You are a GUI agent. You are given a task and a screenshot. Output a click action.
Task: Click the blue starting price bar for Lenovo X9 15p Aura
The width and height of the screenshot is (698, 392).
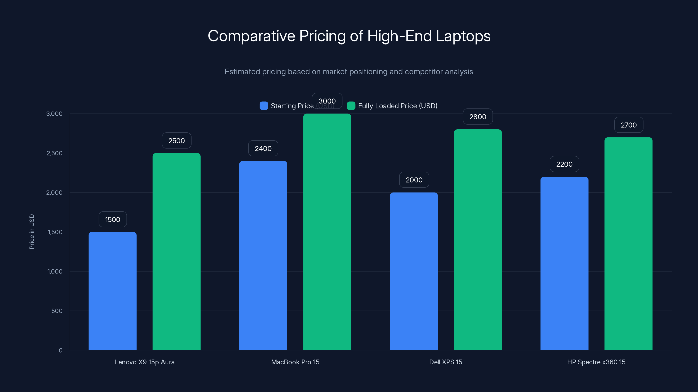[113, 291]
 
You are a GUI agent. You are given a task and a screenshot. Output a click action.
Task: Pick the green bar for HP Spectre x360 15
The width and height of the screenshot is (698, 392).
[628, 243]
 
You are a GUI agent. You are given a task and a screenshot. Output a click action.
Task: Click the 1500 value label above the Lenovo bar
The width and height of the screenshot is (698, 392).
[113, 219]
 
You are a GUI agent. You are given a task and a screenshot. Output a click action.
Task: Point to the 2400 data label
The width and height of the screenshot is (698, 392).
[263, 149]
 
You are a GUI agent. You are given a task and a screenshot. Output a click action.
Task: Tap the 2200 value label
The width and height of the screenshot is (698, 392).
[565, 164]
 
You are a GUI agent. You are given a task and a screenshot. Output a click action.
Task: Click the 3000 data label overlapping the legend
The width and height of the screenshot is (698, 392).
[327, 101]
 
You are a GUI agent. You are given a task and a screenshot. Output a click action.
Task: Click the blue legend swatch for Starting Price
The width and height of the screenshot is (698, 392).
[264, 106]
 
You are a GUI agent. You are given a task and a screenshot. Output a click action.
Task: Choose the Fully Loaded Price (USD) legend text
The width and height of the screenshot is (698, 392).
[397, 106]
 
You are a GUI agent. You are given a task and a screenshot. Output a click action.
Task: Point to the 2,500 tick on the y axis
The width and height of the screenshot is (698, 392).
[55, 153]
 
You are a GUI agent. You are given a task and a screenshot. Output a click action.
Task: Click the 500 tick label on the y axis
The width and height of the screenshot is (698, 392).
[57, 311]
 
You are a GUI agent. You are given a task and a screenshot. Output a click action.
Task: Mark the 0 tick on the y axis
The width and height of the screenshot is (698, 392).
[61, 350]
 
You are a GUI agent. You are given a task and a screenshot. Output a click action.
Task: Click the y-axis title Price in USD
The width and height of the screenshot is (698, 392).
[32, 231]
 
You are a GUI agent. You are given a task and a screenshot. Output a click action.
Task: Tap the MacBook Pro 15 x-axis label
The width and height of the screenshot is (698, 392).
[295, 362]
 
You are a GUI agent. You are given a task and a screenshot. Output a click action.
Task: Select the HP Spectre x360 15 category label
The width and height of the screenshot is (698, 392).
[596, 362]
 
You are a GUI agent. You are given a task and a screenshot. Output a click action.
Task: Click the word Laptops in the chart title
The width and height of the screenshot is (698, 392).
[463, 36]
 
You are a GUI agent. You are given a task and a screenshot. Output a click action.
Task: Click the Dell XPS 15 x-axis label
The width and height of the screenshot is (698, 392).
[445, 362]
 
